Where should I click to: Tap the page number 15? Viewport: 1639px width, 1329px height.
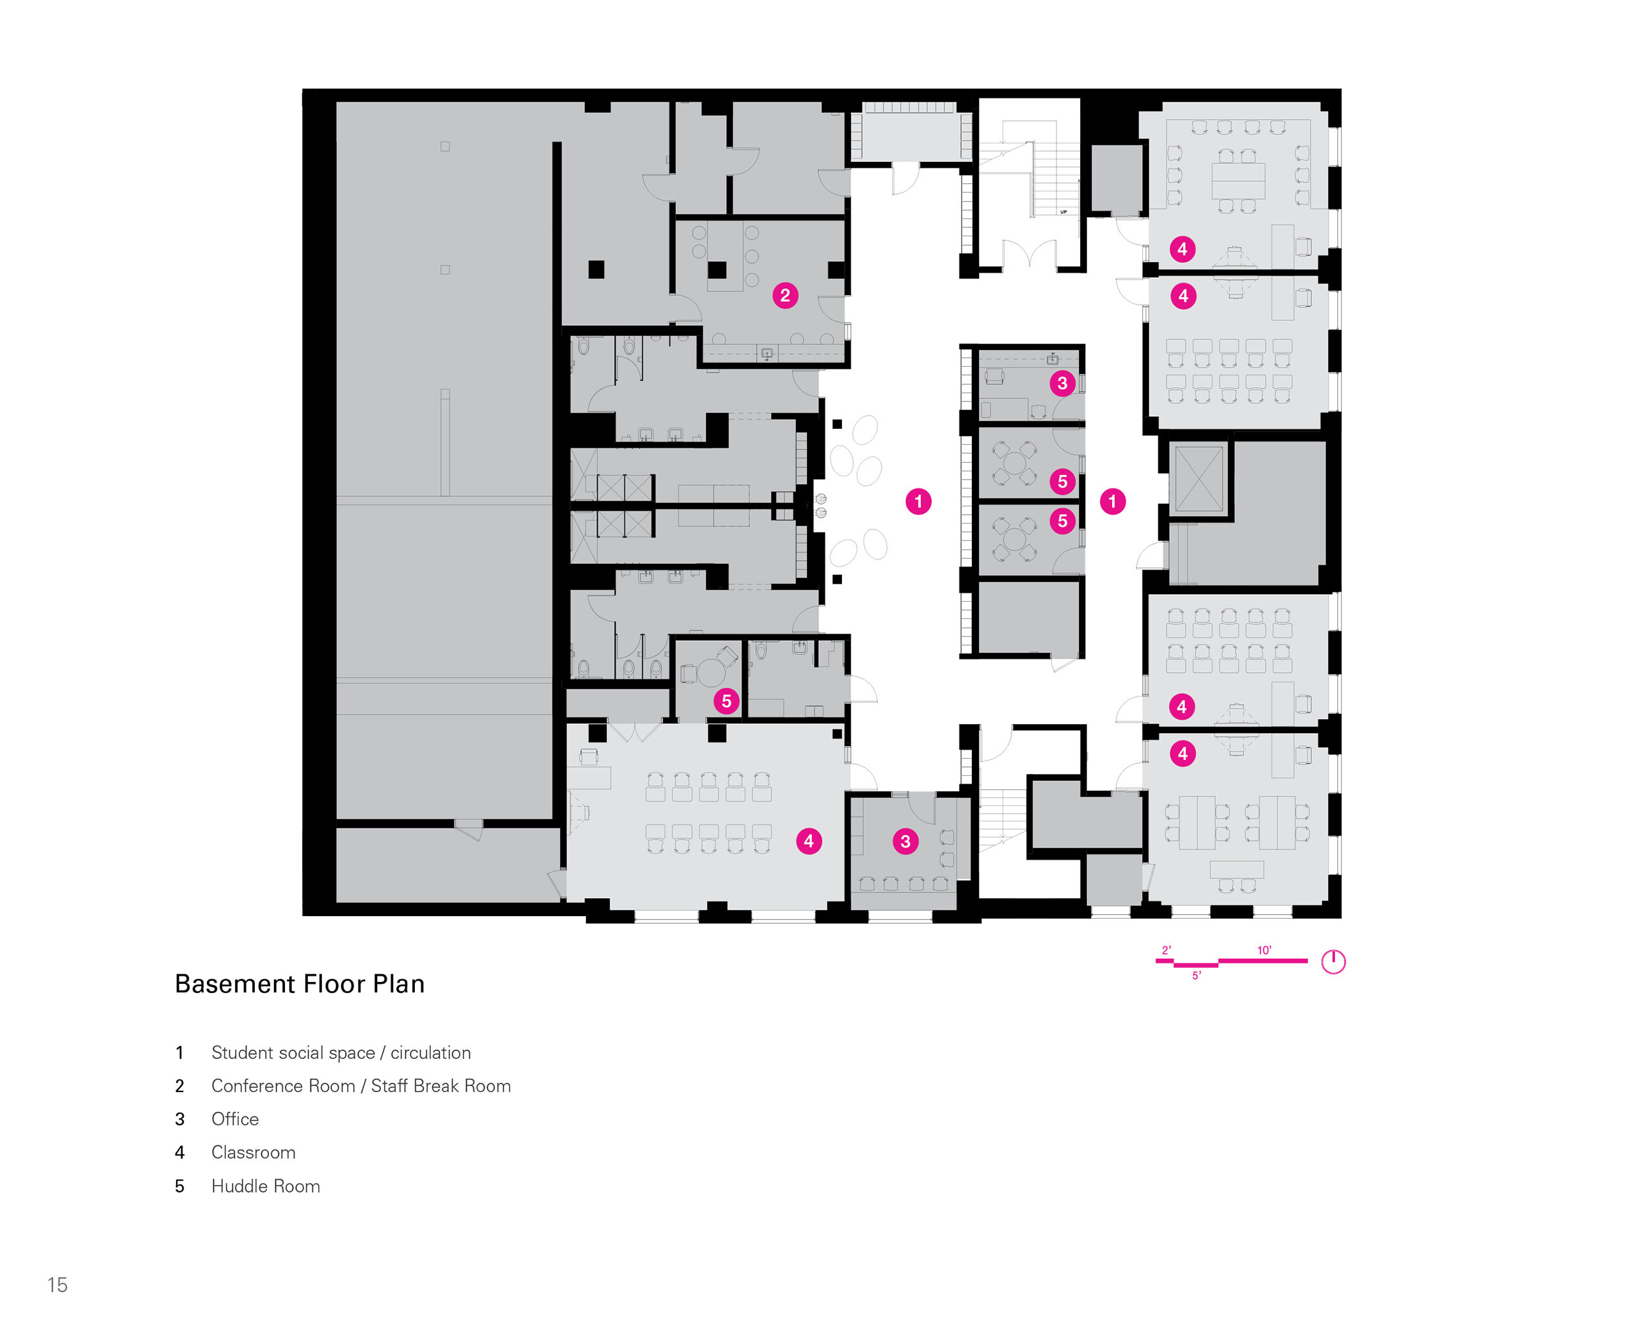point(58,1285)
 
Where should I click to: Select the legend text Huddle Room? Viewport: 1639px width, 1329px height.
point(265,1186)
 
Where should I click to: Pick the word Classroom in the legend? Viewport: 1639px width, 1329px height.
point(253,1152)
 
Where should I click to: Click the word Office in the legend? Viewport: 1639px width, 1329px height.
point(234,1118)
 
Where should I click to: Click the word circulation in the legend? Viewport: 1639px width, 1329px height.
point(430,1052)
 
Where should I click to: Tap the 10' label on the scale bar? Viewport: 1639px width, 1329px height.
point(1263,950)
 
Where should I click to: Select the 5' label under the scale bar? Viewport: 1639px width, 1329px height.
point(1196,976)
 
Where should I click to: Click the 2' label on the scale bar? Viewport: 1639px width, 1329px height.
point(1166,950)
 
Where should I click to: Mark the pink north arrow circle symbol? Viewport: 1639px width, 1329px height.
point(1333,962)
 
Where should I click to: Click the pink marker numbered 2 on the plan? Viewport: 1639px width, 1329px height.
point(785,296)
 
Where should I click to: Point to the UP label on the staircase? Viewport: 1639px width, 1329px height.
point(1063,212)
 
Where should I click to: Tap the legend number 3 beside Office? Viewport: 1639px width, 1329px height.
point(179,1119)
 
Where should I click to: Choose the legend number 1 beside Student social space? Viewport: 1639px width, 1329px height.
point(179,1052)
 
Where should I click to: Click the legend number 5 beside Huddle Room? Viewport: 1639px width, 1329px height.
point(179,1186)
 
